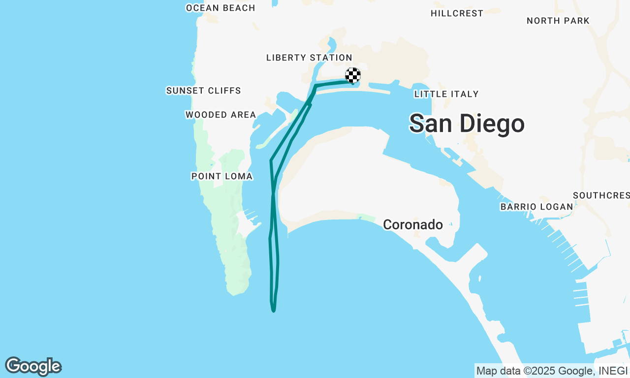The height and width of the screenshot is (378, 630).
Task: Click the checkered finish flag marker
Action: click(353, 75)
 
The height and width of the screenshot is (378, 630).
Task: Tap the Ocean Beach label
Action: click(220, 8)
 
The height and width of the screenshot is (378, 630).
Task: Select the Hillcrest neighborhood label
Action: click(457, 13)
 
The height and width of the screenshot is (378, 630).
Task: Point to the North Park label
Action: click(558, 21)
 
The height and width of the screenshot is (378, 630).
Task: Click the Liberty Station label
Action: click(309, 58)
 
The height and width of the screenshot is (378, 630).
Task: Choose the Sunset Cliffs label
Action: click(203, 91)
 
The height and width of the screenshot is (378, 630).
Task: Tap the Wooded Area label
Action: click(220, 115)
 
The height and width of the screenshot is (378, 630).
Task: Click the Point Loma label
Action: click(221, 176)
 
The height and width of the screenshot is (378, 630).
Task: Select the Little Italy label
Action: click(446, 94)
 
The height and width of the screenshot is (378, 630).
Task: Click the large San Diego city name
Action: click(467, 124)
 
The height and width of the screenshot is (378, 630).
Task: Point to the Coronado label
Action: click(412, 225)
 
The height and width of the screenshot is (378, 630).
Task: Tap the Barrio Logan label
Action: click(536, 207)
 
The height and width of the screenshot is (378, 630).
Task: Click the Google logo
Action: click(33, 367)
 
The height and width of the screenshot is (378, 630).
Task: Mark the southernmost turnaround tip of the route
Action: click(273, 311)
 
